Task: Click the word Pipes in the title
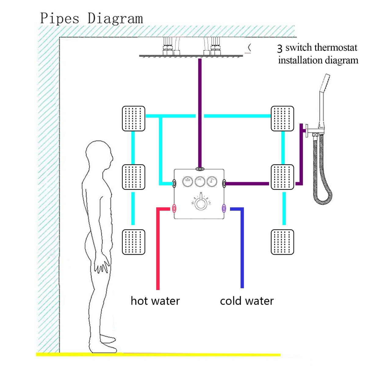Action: click(60, 18)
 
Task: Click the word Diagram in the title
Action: click(115, 19)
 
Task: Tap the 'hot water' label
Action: click(155, 301)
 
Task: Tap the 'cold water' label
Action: click(246, 301)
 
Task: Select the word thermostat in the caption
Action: click(336, 48)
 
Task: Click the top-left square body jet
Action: click(133, 119)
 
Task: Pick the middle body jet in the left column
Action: click(133, 177)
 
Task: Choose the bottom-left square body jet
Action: click(133, 242)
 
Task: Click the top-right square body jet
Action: click(282, 119)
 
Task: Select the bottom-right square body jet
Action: click(282, 242)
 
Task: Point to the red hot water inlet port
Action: click(174, 209)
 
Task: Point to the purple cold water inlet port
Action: click(224, 209)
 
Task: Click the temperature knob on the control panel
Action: click(200, 203)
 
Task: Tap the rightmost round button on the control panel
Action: click(212, 181)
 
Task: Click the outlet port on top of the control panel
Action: click(200, 169)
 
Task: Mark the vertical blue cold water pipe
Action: click(242, 250)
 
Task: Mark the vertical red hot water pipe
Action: click(158, 250)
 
